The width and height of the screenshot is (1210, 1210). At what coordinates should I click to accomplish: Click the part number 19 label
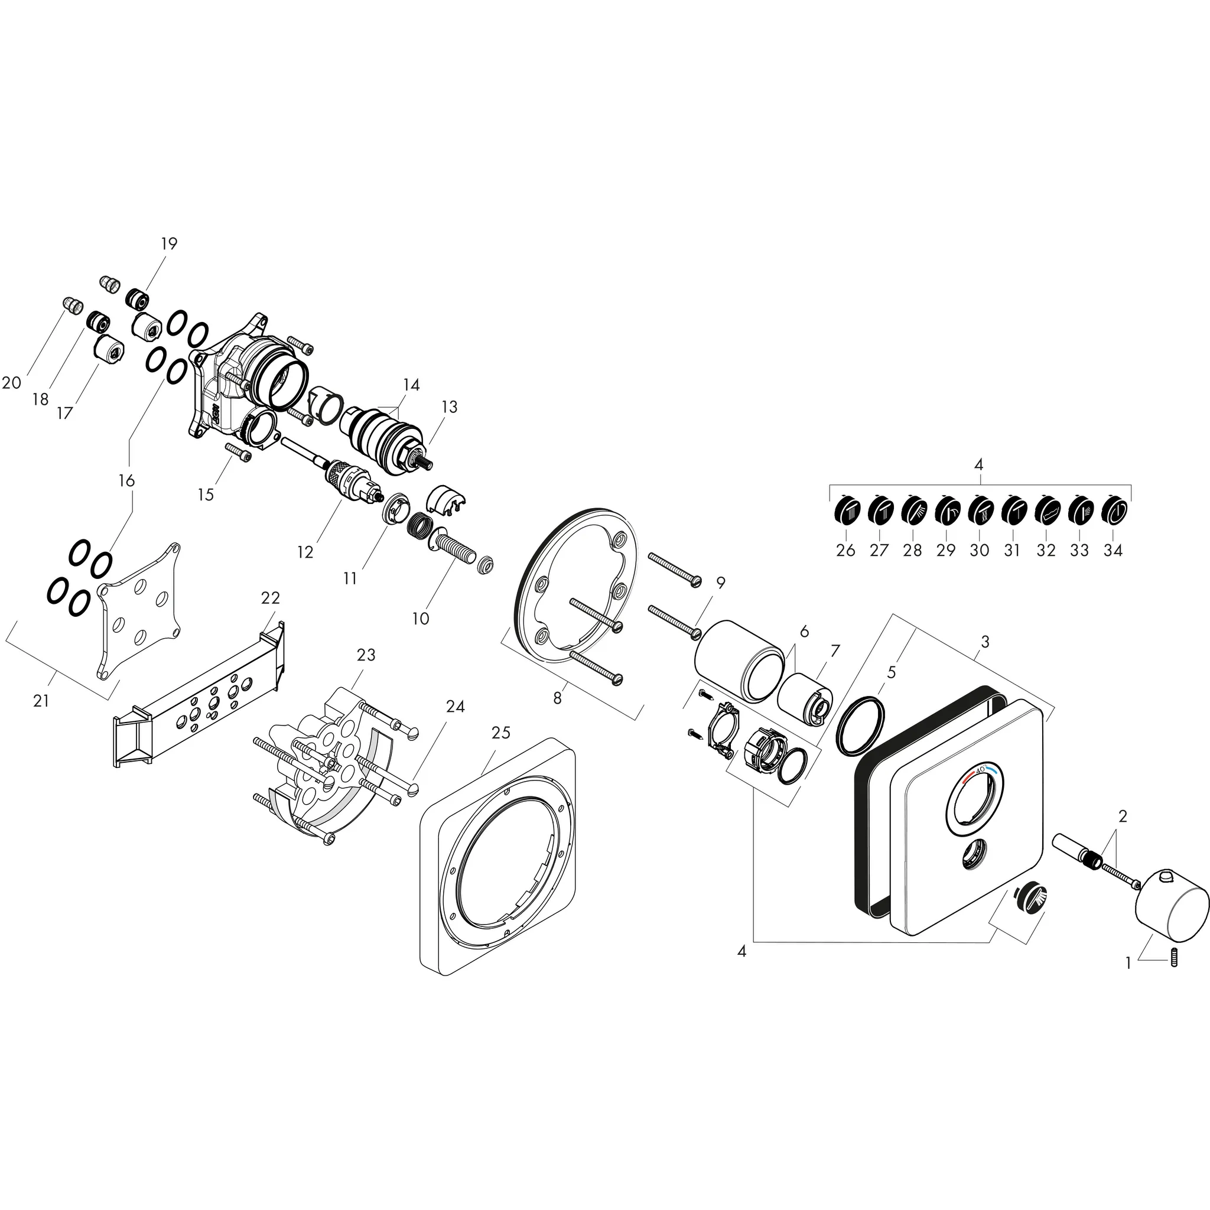(169, 243)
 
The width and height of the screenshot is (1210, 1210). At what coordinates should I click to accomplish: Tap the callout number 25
(500, 732)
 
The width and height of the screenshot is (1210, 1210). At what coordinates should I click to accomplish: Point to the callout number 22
(271, 598)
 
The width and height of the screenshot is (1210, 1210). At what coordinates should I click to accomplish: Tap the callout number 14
(411, 385)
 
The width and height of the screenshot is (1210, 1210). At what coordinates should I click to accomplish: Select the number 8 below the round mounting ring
(557, 697)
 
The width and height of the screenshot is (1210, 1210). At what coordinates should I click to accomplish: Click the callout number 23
(366, 655)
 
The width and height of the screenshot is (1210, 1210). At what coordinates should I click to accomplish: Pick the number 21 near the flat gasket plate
(41, 701)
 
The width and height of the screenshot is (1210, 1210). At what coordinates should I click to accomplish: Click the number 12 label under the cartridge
(305, 552)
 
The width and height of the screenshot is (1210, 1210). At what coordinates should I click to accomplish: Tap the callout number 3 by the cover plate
(985, 642)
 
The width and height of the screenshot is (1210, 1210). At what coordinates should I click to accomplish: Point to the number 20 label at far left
(12, 383)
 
